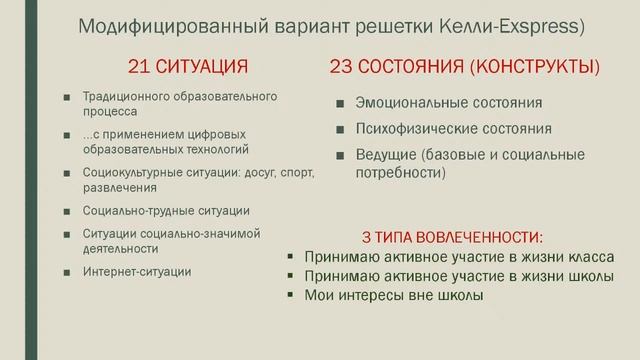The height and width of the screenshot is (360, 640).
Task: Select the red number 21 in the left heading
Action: coord(140,68)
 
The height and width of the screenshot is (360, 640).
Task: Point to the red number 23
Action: coord(343,68)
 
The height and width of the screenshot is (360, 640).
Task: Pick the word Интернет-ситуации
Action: coord(137,271)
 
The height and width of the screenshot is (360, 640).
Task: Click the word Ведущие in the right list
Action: coord(387,155)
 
